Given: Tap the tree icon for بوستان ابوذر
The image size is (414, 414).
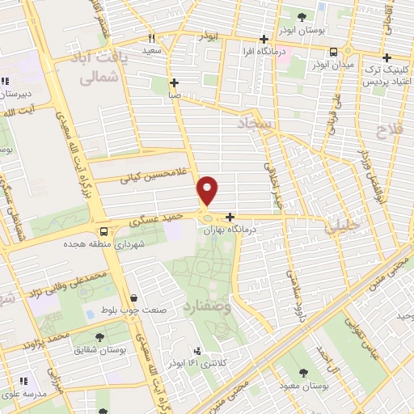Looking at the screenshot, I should point(302,15).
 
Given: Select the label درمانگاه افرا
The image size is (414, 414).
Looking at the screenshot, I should point(263,53).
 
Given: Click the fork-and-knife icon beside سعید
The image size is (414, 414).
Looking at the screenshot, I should point(151,38).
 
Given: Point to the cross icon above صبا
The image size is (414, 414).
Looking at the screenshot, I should point(175,82).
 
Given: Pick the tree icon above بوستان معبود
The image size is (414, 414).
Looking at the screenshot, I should point(302,373).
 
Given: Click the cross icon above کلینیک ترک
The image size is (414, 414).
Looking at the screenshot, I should point(387,57).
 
